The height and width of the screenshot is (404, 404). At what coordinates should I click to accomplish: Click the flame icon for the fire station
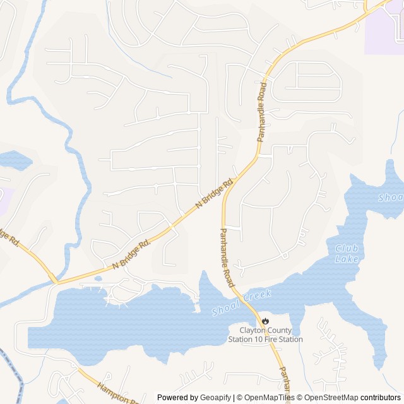265,321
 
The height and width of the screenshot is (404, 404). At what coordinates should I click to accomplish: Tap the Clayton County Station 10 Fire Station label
265,335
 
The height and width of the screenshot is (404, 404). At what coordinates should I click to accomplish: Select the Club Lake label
347,254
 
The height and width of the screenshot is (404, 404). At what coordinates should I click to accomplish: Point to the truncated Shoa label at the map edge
391,198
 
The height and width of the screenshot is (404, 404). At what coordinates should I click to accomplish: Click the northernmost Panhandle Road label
261,111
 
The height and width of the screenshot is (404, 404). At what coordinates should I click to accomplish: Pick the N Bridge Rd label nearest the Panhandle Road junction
214,194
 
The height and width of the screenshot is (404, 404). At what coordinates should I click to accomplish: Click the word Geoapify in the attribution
215,398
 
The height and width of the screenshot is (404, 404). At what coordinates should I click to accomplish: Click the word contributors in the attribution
381,398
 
